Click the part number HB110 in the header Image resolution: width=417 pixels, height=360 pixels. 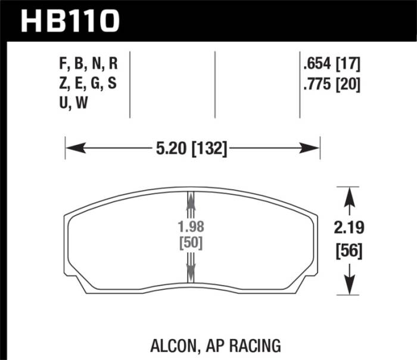pyautogui.click(x=70, y=21)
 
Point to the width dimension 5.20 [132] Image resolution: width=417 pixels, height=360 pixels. pyautogui.click(x=192, y=148)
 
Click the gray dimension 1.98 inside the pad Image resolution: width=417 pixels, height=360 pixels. pyautogui.click(x=191, y=227)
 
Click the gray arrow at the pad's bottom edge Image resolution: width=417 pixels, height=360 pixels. pyautogui.click(x=191, y=273)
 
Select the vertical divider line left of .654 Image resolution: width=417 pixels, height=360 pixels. pyautogui.click(x=299, y=83)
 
